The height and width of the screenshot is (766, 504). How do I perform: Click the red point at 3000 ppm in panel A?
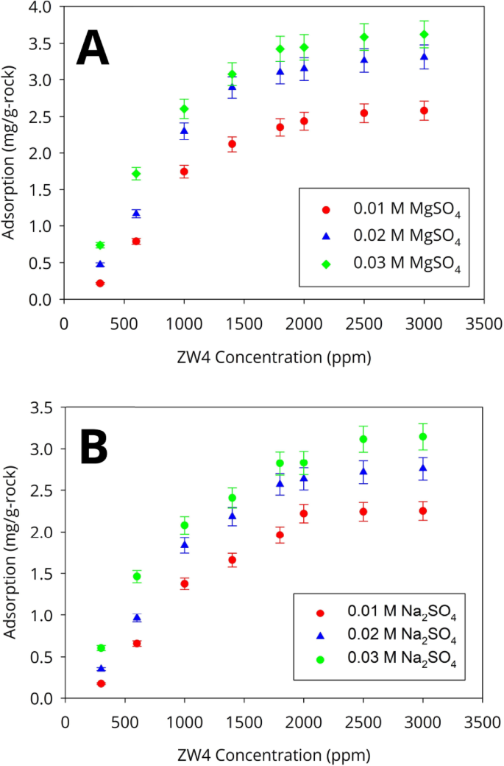[424, 110]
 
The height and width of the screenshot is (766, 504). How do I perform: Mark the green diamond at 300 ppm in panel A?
[100, 245]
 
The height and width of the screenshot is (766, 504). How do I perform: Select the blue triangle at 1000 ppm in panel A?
[184, 130]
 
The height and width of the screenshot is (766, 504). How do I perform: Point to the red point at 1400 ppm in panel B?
[232, 561]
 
